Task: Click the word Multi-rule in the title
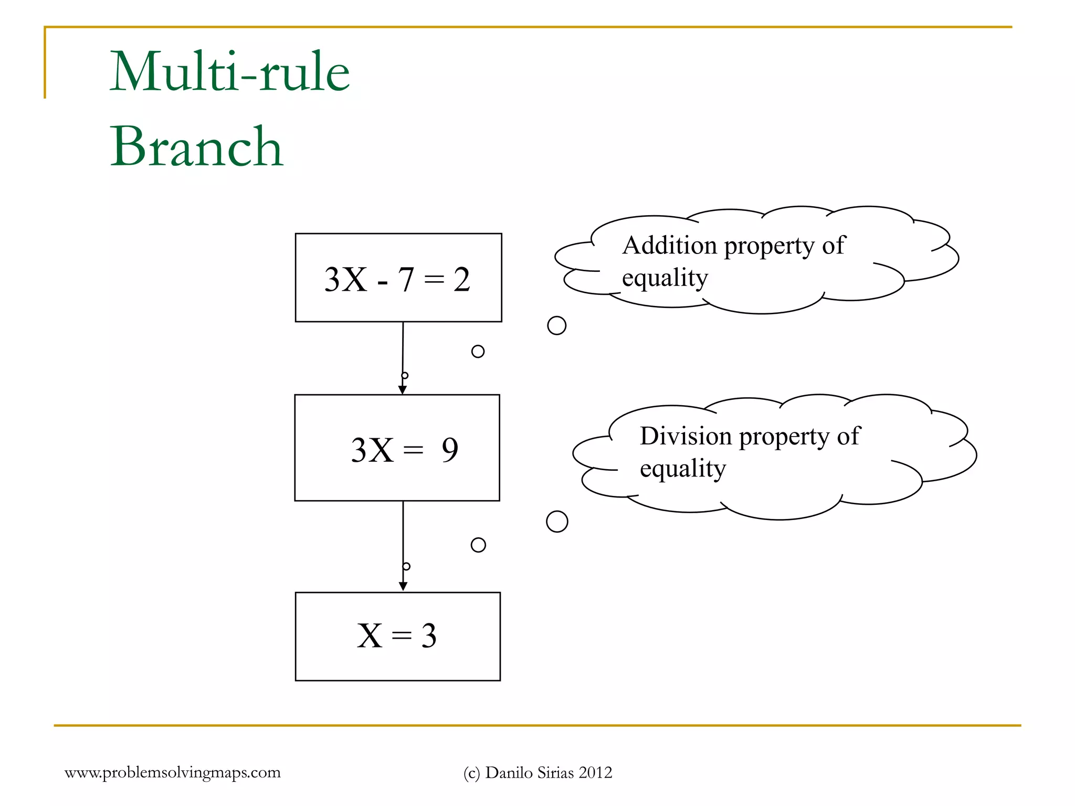(229, 72)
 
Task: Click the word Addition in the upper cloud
(669, 246)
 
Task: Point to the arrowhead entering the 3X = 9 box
(403, 389)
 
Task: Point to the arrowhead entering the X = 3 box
(403, 586)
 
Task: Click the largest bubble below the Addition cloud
(556, 325)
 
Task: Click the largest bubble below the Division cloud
(557, 522)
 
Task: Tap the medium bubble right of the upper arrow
(478, 352)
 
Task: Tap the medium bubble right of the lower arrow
(478, 545)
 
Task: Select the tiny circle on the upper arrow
(405, 376)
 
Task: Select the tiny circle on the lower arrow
(406, 567)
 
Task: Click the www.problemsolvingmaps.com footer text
(172, 772)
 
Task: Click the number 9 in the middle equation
(450, 450)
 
